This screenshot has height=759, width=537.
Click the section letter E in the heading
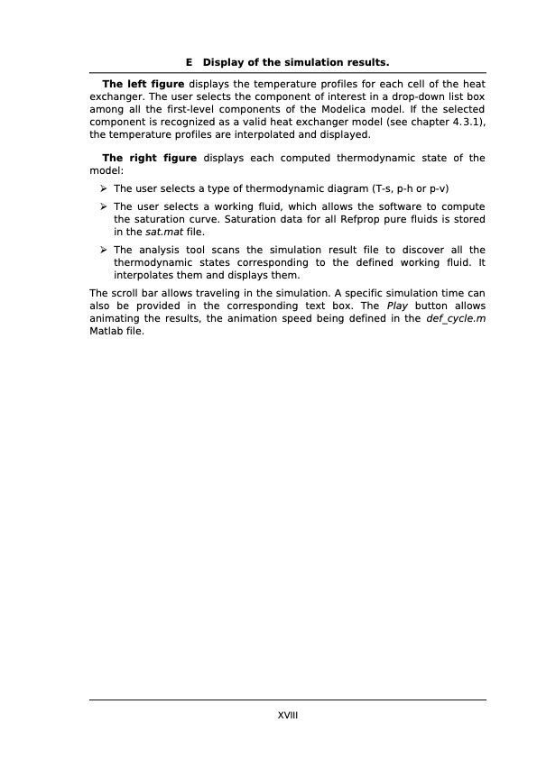point(189,63)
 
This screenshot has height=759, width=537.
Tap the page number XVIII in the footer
point(288,713)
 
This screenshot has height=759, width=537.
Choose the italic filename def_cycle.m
point(456,318)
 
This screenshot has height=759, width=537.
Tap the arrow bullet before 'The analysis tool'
point(105,250)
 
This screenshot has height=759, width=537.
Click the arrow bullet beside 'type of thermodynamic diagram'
point(105,188)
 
